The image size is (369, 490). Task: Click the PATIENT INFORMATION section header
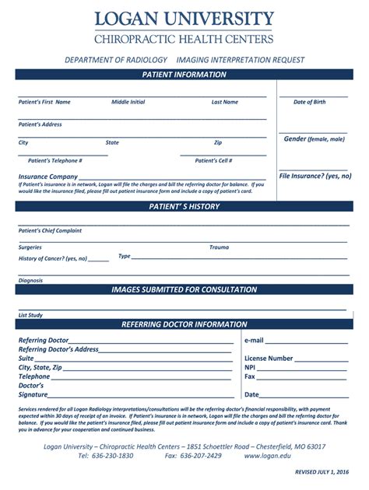[184, 75]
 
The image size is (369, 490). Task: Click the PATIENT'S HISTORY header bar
[184, 207]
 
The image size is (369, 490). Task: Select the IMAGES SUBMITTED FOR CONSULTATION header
[184, 289]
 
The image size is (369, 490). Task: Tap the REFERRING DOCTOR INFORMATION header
[184, 324]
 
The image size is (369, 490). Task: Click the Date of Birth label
[309, 102]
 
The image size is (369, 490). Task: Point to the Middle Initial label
[128, 102]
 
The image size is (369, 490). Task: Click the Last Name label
[225, 102]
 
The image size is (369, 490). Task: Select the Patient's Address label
[40, 124]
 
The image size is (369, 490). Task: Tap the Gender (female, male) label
[314, 139]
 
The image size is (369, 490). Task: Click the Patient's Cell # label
[213, 160]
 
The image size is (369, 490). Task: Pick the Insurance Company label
[48, 177]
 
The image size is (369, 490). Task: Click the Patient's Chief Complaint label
[50, 230]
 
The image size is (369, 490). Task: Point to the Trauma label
[219, 247]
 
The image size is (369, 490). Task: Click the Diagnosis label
[31, 280]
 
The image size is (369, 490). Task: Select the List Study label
[30, 315]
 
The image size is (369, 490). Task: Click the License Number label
[269, 359]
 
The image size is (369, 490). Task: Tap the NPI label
[250, 367]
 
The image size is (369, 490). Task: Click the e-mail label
[254, 341]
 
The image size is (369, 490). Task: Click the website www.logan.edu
[269, 456]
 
